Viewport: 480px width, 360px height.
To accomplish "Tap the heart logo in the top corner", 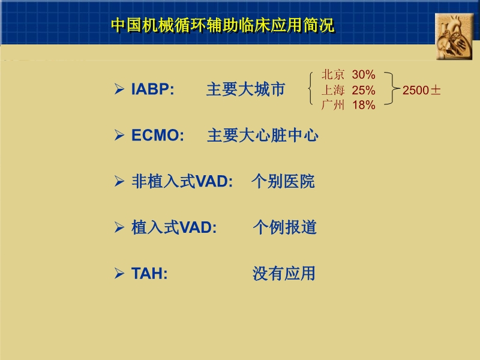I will (454, 37).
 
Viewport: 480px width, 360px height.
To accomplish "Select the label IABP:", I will (152, 90).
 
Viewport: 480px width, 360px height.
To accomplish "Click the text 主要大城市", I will (245, 90).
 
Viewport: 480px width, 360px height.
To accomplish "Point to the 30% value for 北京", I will (364, 75).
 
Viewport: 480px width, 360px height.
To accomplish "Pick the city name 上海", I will (333, 91).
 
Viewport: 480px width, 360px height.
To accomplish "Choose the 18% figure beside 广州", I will (364, 106).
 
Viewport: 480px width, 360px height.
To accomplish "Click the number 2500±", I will (422, 91).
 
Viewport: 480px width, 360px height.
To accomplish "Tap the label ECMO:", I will (158, 136).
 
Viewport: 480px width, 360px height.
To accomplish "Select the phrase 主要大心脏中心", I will (263, 136).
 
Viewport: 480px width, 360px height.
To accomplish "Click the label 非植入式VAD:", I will (182, 181).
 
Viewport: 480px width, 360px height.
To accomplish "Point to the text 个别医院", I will (283, 181).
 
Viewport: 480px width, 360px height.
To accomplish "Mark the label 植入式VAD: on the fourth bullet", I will (174, 227).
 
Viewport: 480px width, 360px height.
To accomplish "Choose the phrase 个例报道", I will (284, 227).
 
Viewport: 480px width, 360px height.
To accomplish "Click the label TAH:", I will (149, 274).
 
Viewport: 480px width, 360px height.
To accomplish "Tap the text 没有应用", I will (284, 274).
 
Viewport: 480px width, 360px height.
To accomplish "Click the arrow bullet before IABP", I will (119, 90).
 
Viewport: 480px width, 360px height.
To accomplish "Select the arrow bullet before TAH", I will (119, 274).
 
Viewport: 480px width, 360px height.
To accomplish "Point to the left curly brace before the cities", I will (311, 90).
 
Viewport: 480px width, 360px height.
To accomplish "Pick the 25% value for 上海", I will (364, 91).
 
